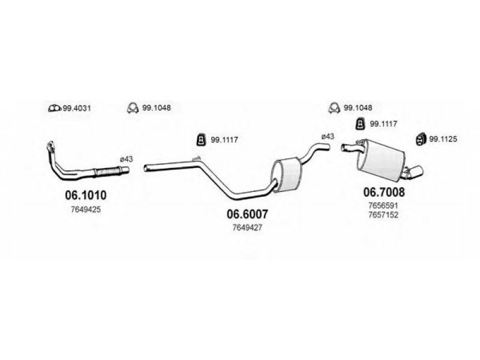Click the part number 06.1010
pos(86,195)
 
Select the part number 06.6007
pos(247,214)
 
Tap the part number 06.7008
pos(384,192)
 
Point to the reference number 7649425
pos(86,209)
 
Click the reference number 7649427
pos(247,228)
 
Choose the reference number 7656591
pos(383,205)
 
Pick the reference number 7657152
pos(383,215)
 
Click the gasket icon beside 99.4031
pos(55,108)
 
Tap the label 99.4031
pos(77,108)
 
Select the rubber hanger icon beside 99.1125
pos(422,139)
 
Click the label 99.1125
pos(443,139)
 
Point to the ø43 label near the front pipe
pos(126,159)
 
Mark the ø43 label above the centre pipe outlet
pos(328,137)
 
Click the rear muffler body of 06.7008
pos(380,159)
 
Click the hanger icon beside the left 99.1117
pos(201,140)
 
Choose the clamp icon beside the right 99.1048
pos(335,108)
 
